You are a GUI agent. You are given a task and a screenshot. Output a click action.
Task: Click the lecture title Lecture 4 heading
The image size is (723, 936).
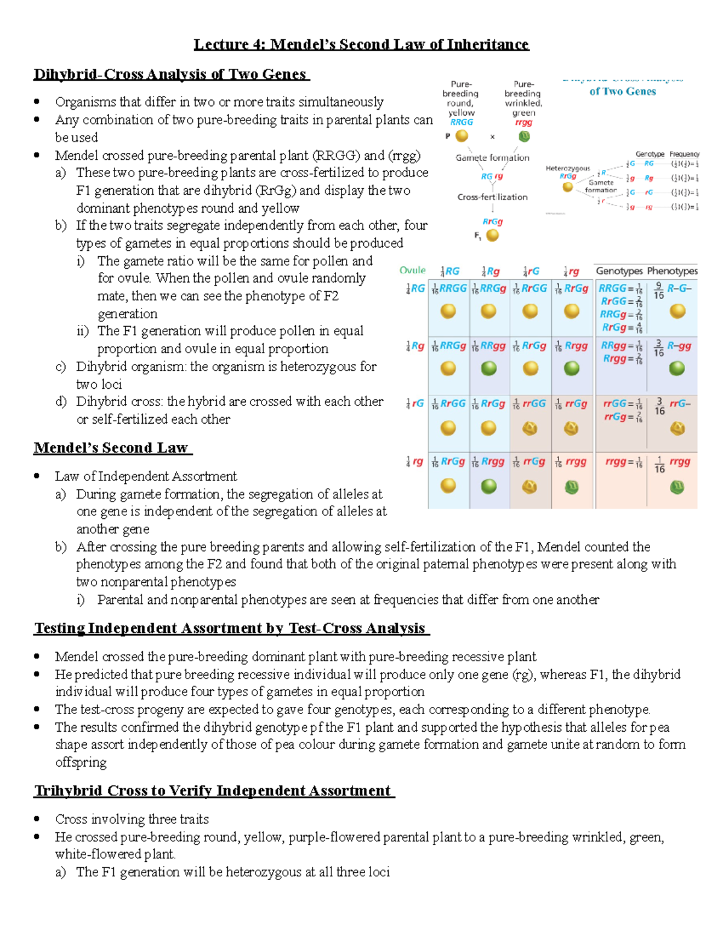[361, 45]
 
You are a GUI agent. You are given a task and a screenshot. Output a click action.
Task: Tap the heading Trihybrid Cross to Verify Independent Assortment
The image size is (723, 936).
[213, 791]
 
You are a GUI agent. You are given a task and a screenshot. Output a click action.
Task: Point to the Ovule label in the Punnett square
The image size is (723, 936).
[412, 271]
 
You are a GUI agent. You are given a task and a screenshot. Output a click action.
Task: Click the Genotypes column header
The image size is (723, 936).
[619, 271]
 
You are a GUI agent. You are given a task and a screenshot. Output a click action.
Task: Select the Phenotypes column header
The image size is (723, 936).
[672, 271]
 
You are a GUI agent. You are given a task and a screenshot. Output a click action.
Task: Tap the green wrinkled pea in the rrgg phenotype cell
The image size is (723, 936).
[677, 486]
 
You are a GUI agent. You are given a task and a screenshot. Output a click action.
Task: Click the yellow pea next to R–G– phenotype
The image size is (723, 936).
[678, 311]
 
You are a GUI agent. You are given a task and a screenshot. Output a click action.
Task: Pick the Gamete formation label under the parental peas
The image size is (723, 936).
[492, 158]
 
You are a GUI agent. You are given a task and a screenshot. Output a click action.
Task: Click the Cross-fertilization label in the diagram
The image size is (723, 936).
[492, 197]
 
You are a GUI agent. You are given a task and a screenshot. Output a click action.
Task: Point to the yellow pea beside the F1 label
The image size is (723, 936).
[492, 236]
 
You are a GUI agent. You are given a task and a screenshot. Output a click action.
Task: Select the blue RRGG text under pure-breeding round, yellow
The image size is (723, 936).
[462, 122]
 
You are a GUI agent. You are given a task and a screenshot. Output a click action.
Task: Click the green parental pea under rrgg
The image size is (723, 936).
[524, 136]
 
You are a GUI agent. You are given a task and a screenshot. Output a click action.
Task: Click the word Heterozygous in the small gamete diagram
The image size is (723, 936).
[567, 169]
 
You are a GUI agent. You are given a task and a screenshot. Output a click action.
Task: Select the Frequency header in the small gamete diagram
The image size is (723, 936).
[684, 154]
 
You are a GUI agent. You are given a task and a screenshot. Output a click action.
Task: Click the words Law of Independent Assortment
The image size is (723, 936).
[146, 476]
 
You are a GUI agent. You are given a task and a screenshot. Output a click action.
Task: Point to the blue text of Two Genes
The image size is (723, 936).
[622, 92]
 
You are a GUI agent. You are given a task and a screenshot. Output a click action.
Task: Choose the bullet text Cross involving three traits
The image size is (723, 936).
[132, 819]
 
